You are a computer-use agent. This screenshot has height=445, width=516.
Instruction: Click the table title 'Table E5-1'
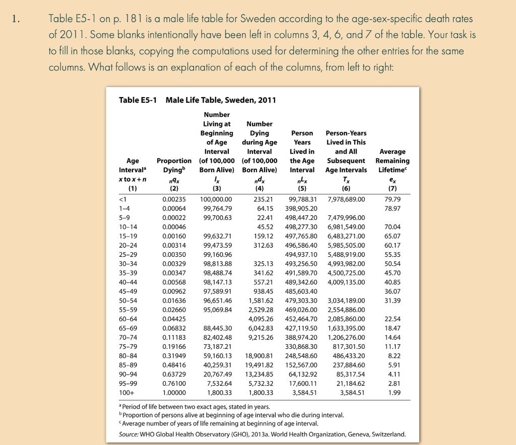pos(138,100)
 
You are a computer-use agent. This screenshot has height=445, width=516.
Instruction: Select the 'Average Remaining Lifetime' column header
pos(392,161)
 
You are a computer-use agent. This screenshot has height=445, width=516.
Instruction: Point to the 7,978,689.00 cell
pos(346,199)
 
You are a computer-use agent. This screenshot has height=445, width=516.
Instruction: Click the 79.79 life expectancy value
pos(392,199)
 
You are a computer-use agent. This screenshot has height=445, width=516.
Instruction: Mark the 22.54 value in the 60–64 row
pos(392,319)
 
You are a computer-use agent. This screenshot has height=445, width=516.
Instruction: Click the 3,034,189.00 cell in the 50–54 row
pos(346,301)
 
